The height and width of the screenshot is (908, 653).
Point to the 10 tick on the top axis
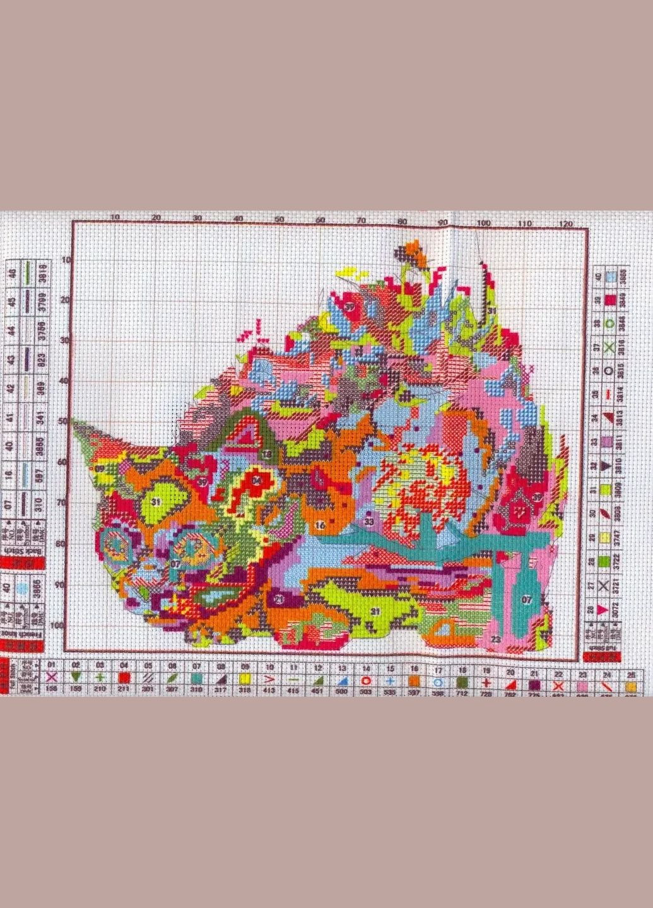(x=114, y=217)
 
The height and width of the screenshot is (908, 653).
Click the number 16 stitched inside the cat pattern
(x=321, y=525)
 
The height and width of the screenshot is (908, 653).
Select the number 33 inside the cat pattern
(x=369, y=522)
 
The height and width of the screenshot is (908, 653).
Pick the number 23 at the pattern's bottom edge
(x=495, y=639)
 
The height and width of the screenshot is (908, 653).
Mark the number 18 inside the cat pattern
(x=268, y=453)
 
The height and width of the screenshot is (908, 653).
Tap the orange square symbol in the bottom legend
(x=414, y=680)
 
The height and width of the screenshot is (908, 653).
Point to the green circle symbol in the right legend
(x=609, y=323)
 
